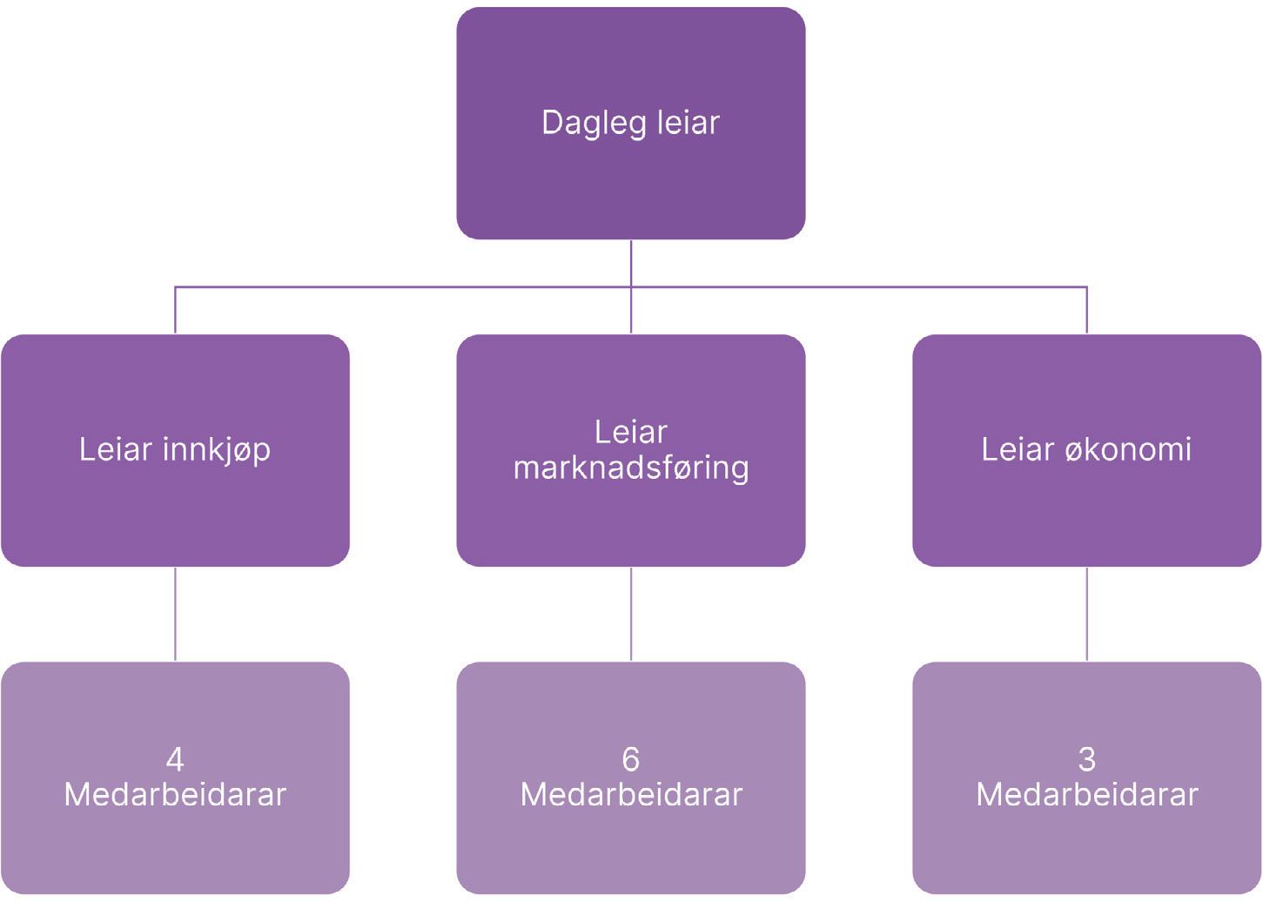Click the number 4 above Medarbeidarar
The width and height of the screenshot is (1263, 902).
coord(175,760)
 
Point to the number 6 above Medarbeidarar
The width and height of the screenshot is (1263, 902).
coord(630,760)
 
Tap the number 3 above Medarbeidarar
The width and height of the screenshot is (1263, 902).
coord(1086,760)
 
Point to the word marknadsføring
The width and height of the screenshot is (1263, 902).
coord(630,468)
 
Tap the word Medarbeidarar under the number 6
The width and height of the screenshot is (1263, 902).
coord(630,795)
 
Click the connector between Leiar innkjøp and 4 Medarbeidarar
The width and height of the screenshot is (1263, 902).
coord(175,614)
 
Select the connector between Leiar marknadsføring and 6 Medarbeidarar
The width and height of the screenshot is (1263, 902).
coord(630,614)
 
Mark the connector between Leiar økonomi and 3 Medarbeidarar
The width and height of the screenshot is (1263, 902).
coord(1086,614)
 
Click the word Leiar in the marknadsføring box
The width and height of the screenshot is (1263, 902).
coord(630,433)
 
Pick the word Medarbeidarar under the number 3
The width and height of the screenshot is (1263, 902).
coord(1086,795)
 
